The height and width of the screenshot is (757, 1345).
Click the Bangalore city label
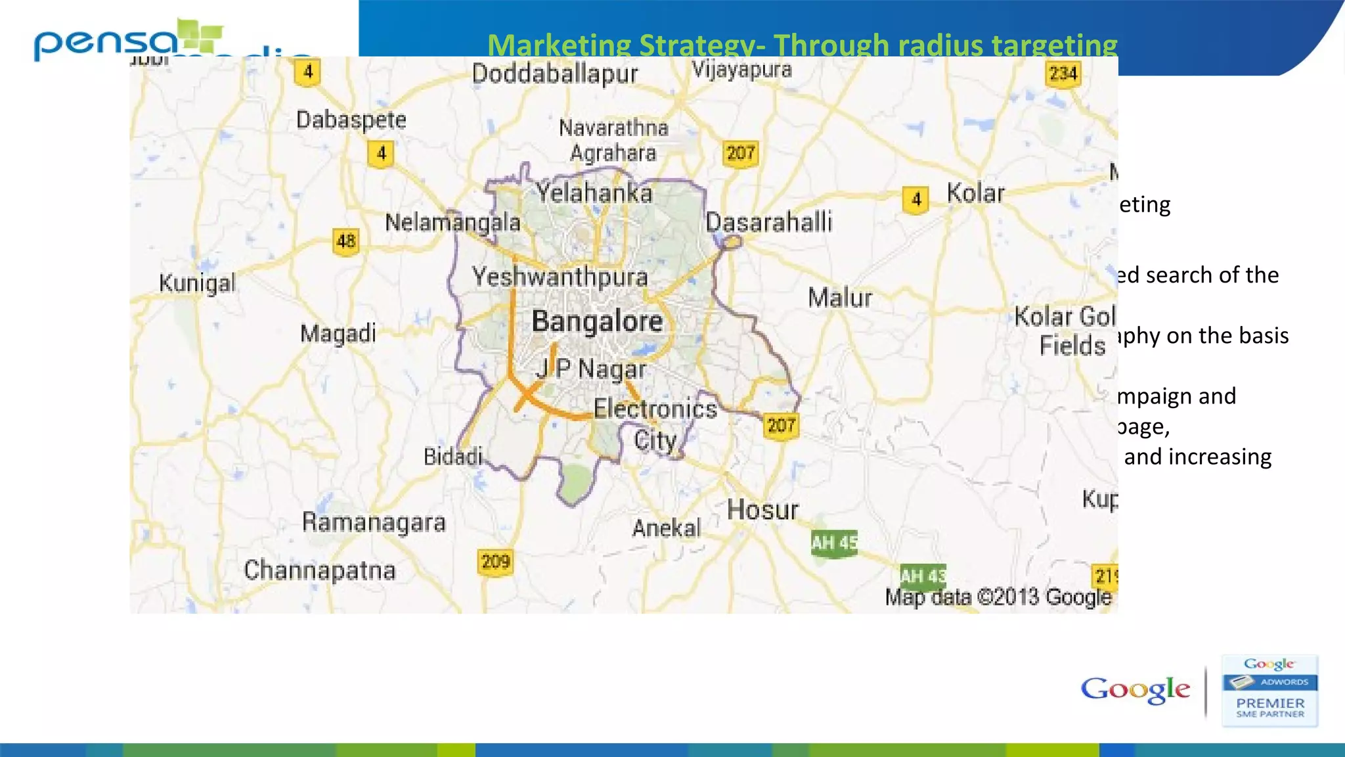pos(597,321)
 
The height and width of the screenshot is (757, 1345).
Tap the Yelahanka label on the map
pos(594,193)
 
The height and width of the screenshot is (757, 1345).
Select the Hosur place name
pos(762,510)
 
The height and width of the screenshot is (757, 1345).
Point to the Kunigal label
pos(197,283)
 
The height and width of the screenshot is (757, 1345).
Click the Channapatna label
pos(320,570)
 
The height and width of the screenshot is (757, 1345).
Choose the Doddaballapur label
pos(555,74)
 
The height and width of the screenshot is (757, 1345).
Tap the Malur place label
pos(840,298)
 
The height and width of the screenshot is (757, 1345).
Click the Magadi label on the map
pos(338,333)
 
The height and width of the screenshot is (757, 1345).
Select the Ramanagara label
pos(374,522)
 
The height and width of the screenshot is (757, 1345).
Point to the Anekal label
pos(666,528)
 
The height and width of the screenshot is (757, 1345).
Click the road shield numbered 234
pos(1063,74)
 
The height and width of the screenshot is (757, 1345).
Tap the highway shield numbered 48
pos(346,241)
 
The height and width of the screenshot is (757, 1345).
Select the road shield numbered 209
pos(495,562)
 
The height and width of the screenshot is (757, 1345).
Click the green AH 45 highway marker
pos(834,543)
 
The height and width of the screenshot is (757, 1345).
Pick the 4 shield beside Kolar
pos(916,200)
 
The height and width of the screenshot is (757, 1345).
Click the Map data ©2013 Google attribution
pos(998,597)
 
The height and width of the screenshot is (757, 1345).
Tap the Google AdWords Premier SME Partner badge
pos(1269,691)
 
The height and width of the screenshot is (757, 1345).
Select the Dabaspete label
pos(351,120)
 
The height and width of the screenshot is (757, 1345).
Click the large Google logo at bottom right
pos(1135,689)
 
